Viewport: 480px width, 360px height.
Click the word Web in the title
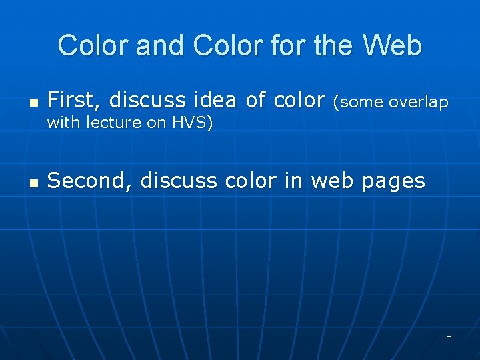[392, 46]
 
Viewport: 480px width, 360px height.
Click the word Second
[91, 181]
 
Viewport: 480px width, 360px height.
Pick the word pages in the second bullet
[393, 181]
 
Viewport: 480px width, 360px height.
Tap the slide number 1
[449, 334]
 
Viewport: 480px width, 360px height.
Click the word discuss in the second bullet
[179, 181]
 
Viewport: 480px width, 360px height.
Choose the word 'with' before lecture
[65, 123]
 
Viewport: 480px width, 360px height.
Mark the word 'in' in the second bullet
[292, 181]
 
